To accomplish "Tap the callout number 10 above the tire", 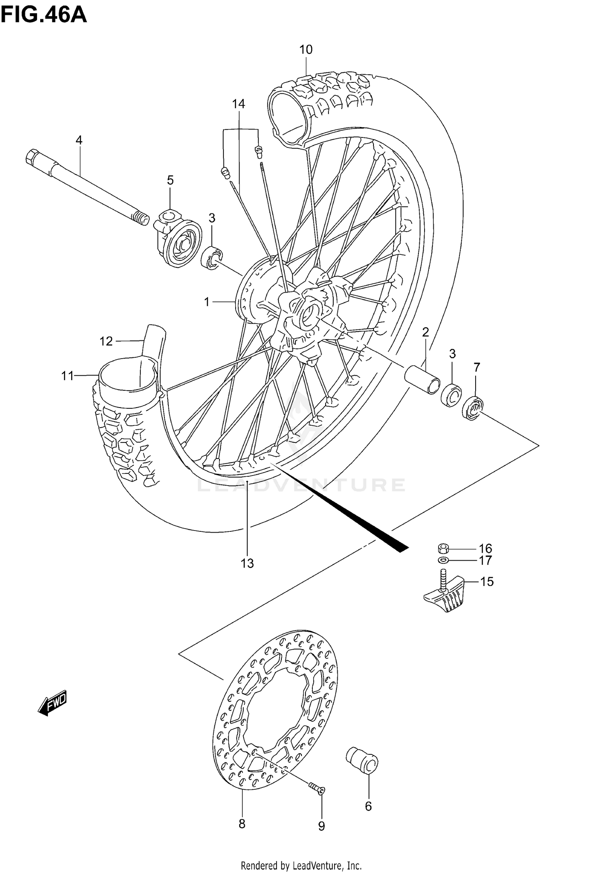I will point(306,49).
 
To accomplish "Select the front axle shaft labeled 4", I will point(86,186).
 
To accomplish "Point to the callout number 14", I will point(238,104).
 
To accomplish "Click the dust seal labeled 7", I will point(473,409).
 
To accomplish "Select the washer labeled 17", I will point(444,560).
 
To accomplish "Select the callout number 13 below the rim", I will point(247,563).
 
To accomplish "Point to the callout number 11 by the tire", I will point(67,376).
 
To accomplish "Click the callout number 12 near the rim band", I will point(106,341).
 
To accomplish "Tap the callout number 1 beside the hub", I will point(207,301).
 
